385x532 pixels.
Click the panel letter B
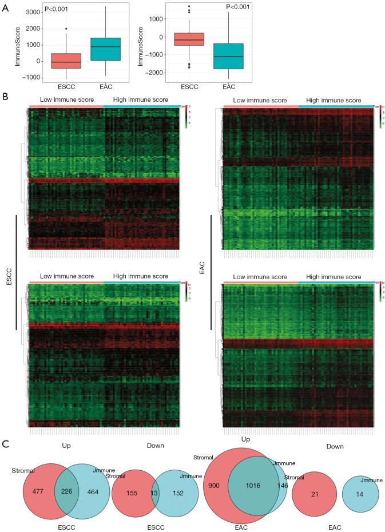pyautogui.click(x=5, y=97)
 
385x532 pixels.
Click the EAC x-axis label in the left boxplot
pyautogui.click(x=101, y=89)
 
